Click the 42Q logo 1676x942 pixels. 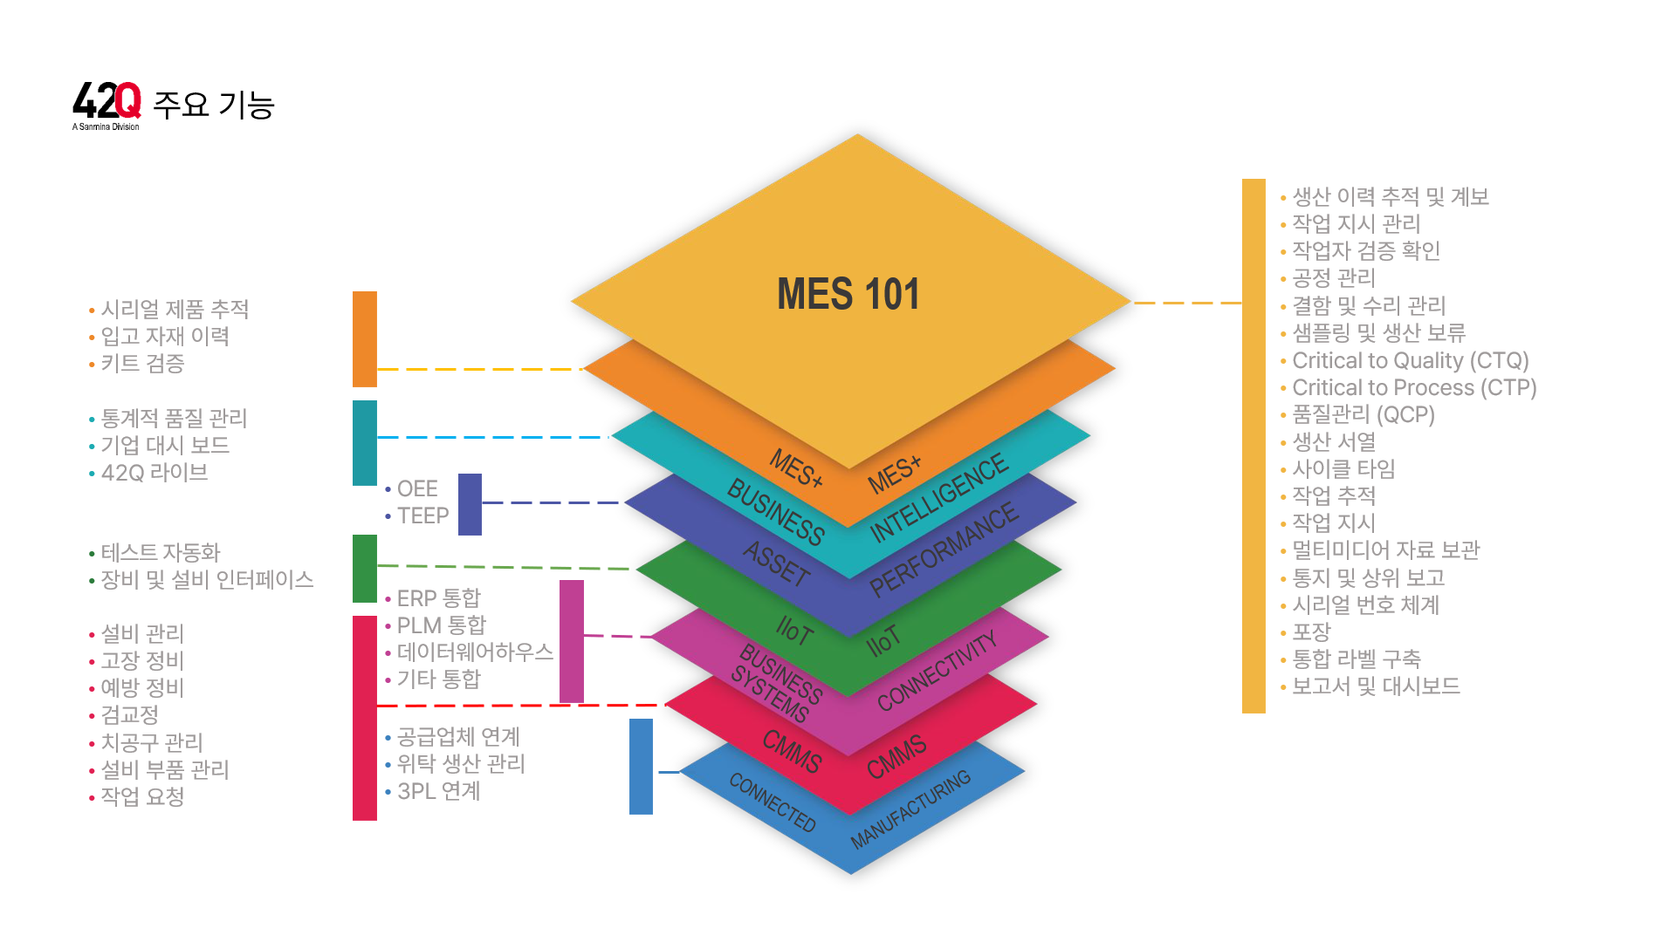click(106, 103)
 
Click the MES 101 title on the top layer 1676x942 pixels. click(848, 294)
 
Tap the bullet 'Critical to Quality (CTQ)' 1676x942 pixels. click(1410, 360)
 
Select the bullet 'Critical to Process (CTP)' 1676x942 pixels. click(1413, 387)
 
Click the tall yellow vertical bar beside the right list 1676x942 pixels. click(1254, 445)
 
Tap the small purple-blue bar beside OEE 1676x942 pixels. click(470, 504)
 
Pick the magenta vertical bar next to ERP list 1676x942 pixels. click(571, 641)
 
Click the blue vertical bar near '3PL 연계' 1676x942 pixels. click(641, 766)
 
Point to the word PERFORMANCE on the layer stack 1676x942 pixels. click(944, 549)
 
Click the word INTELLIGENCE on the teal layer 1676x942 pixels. click(939, 498)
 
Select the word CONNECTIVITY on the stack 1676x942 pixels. click(938, 671)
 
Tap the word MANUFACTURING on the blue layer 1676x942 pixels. click(910, 809)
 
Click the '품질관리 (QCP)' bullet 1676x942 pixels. click(1363, 414)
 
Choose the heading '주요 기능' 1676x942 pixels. click(214, 105)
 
